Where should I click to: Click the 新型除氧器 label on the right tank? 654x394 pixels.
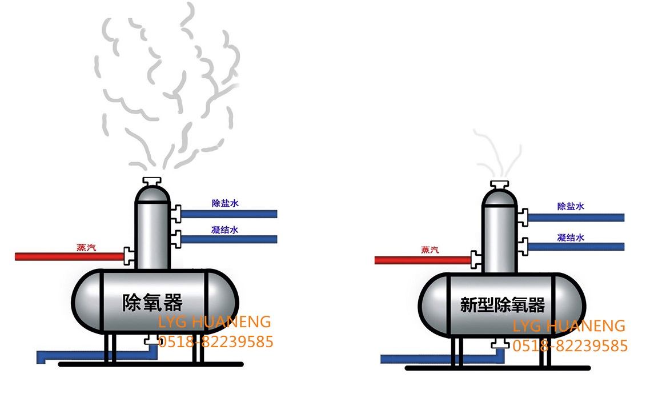[x=503, y=304]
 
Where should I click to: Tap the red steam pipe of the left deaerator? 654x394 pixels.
[x=69, y=256]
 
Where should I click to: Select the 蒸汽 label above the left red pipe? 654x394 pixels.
[x=86, y=247]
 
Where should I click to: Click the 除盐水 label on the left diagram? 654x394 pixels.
[x=225, y=203]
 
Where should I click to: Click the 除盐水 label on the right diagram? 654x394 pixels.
[x=571, y=207]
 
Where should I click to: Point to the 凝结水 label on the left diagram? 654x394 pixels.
[x=225, y=230]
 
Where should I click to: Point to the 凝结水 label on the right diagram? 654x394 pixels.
[x=571, y=238]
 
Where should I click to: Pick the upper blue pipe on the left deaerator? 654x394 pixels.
[x=228, y=214]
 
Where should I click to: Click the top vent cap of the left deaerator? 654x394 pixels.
[x=153, y=181]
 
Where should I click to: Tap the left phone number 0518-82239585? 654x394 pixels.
[x=216, y=342]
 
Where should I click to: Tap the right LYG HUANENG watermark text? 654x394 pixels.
[x=569, y=326]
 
